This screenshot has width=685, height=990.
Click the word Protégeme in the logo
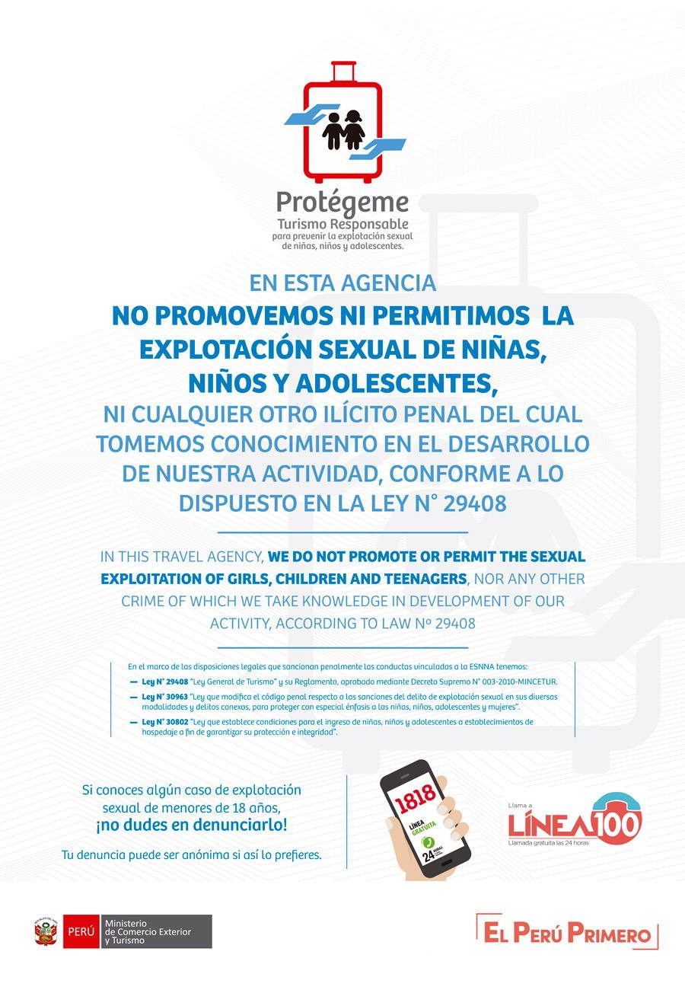click(x=342, y=203)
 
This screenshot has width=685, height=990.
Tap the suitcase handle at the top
click(x=342, y=71)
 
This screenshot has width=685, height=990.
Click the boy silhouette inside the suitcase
click(x=333, y=131)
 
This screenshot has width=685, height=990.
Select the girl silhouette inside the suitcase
click(x=353, y=130)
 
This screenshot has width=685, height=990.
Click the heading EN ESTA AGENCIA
click(x=342, y=283)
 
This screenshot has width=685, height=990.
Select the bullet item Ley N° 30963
click(x=165, y=697)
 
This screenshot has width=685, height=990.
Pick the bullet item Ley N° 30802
click(x=165, y=721)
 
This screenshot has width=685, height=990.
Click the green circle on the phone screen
click(x=428, y=841)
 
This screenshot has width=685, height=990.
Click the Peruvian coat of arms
click(x=46, y=931)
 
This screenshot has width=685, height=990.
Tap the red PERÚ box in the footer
click(x=81, y=931)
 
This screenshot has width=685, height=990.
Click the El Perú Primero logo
click(x=567, y=932)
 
